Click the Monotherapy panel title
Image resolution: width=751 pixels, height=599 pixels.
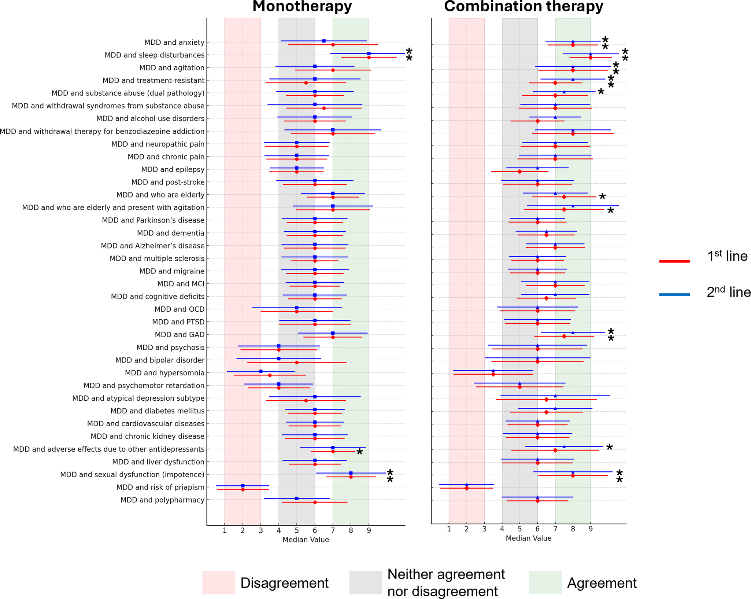[x=302, y=7]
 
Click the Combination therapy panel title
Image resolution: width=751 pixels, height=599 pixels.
[x=524, y=7]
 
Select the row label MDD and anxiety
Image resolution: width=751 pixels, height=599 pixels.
[x=174, y=43]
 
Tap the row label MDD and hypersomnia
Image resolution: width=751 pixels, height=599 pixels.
[x=164, y=373]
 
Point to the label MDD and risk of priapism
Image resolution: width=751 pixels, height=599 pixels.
[x=160, y=488]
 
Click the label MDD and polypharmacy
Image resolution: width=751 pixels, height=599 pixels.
[x=162, y=500]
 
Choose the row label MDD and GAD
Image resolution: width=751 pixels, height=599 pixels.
[x=180, y=335]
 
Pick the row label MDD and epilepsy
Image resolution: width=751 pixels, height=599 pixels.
[x=173, y=170]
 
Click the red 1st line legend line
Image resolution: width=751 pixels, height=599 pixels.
[x=674, y=261]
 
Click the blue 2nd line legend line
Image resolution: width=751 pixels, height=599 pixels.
[x=674, y=294]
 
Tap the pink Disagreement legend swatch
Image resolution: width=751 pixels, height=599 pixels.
[x=219, y=583]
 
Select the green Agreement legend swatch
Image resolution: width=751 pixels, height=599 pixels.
[x=545, y=583]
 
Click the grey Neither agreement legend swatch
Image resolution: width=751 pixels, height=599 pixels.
[x=366, y=583]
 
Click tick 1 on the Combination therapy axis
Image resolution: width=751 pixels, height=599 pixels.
[x=449, y=529]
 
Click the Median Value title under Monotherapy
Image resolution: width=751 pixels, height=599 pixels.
[x=306, y=540]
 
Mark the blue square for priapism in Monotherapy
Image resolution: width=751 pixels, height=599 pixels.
[x=243, y=486]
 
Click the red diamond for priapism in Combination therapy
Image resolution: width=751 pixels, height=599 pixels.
[x=467, y=488]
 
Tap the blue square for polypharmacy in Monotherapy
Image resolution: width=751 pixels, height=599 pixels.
[x=297, y=499]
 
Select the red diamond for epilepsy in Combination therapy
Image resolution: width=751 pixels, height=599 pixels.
[x=519, y=172]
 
